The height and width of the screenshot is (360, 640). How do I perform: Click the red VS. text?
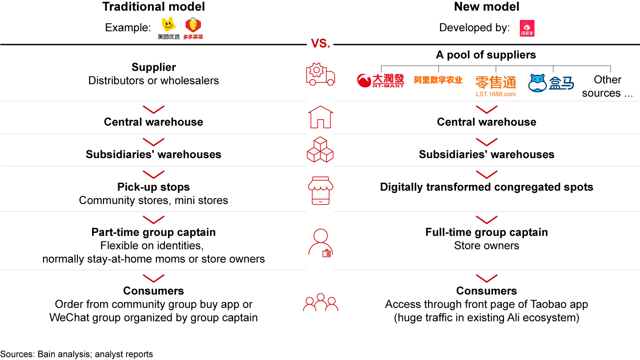coord(320,44)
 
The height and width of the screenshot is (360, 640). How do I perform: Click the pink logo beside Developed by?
coord(527,28)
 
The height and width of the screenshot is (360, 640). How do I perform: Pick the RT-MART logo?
coord(380,80)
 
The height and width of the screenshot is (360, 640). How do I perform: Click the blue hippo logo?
coord(551,83)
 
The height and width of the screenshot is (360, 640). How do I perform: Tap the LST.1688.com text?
coord(496,94)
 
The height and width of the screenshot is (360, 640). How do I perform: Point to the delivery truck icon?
coord(320,74)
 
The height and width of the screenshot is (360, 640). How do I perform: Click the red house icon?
coord(320,117)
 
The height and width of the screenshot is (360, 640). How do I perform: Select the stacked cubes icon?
coord(320,149)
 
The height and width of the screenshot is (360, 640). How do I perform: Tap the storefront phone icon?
coord(320,191)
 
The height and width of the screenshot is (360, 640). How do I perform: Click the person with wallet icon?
coord(320,243)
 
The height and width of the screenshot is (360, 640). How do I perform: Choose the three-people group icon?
coord(320,302)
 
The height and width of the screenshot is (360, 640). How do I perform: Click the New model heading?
coord(487,7)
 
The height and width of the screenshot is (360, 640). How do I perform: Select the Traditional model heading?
coord(154,7)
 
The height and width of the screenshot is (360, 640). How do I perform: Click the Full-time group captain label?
coord(487,232)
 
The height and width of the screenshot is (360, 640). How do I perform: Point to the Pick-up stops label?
coord(153,187)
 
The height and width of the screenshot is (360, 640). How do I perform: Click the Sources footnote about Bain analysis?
coord(76,354)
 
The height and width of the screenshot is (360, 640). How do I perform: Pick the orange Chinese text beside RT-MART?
coord(438,80)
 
